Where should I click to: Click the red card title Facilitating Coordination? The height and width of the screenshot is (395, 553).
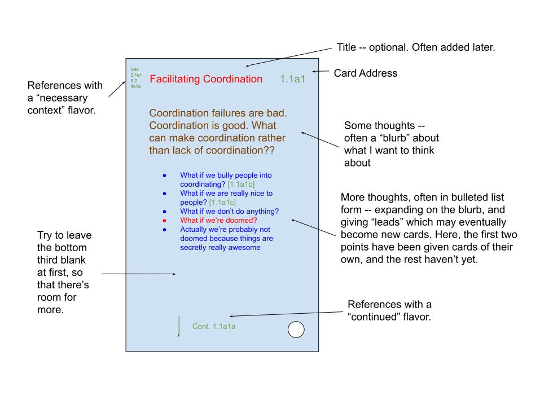click(x=206, y=79)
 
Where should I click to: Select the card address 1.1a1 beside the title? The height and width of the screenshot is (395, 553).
click(x=293, y=79)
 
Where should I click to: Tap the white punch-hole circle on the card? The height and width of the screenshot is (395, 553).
click(x=296, y=330)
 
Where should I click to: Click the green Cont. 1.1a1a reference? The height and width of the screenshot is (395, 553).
click(x=214, y=327)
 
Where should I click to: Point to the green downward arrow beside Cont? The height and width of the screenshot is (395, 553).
click(x=179, y=326)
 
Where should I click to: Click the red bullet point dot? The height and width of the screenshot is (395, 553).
click(x=164, y=221)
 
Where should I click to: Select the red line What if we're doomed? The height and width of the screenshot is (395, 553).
click(x=219, y=221)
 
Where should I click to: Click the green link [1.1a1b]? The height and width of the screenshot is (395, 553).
click(x=242, y=184)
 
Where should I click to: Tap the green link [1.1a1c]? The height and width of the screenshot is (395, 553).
click(x=222, y=203)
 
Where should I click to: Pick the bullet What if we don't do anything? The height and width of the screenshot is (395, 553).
click(x=229, y=211)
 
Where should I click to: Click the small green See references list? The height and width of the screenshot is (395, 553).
click(x=136, y=78)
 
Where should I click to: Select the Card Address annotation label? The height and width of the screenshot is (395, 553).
click(x=366, y=73)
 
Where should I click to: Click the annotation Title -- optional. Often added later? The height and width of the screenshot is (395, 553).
click(x=416, y=47)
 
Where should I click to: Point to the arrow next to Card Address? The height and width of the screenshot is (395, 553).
click(x=321, y=71)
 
